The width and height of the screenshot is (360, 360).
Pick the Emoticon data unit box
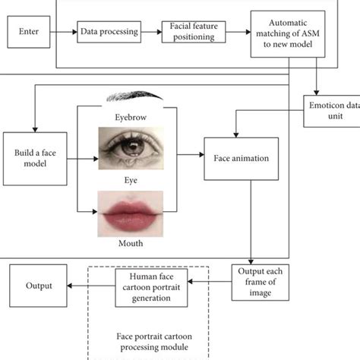tap(331, 111)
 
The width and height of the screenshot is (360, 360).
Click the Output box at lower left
tap(38, 286)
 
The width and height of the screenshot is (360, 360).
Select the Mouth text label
tap(131, 245)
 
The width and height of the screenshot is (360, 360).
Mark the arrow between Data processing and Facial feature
tap(153, 32)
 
